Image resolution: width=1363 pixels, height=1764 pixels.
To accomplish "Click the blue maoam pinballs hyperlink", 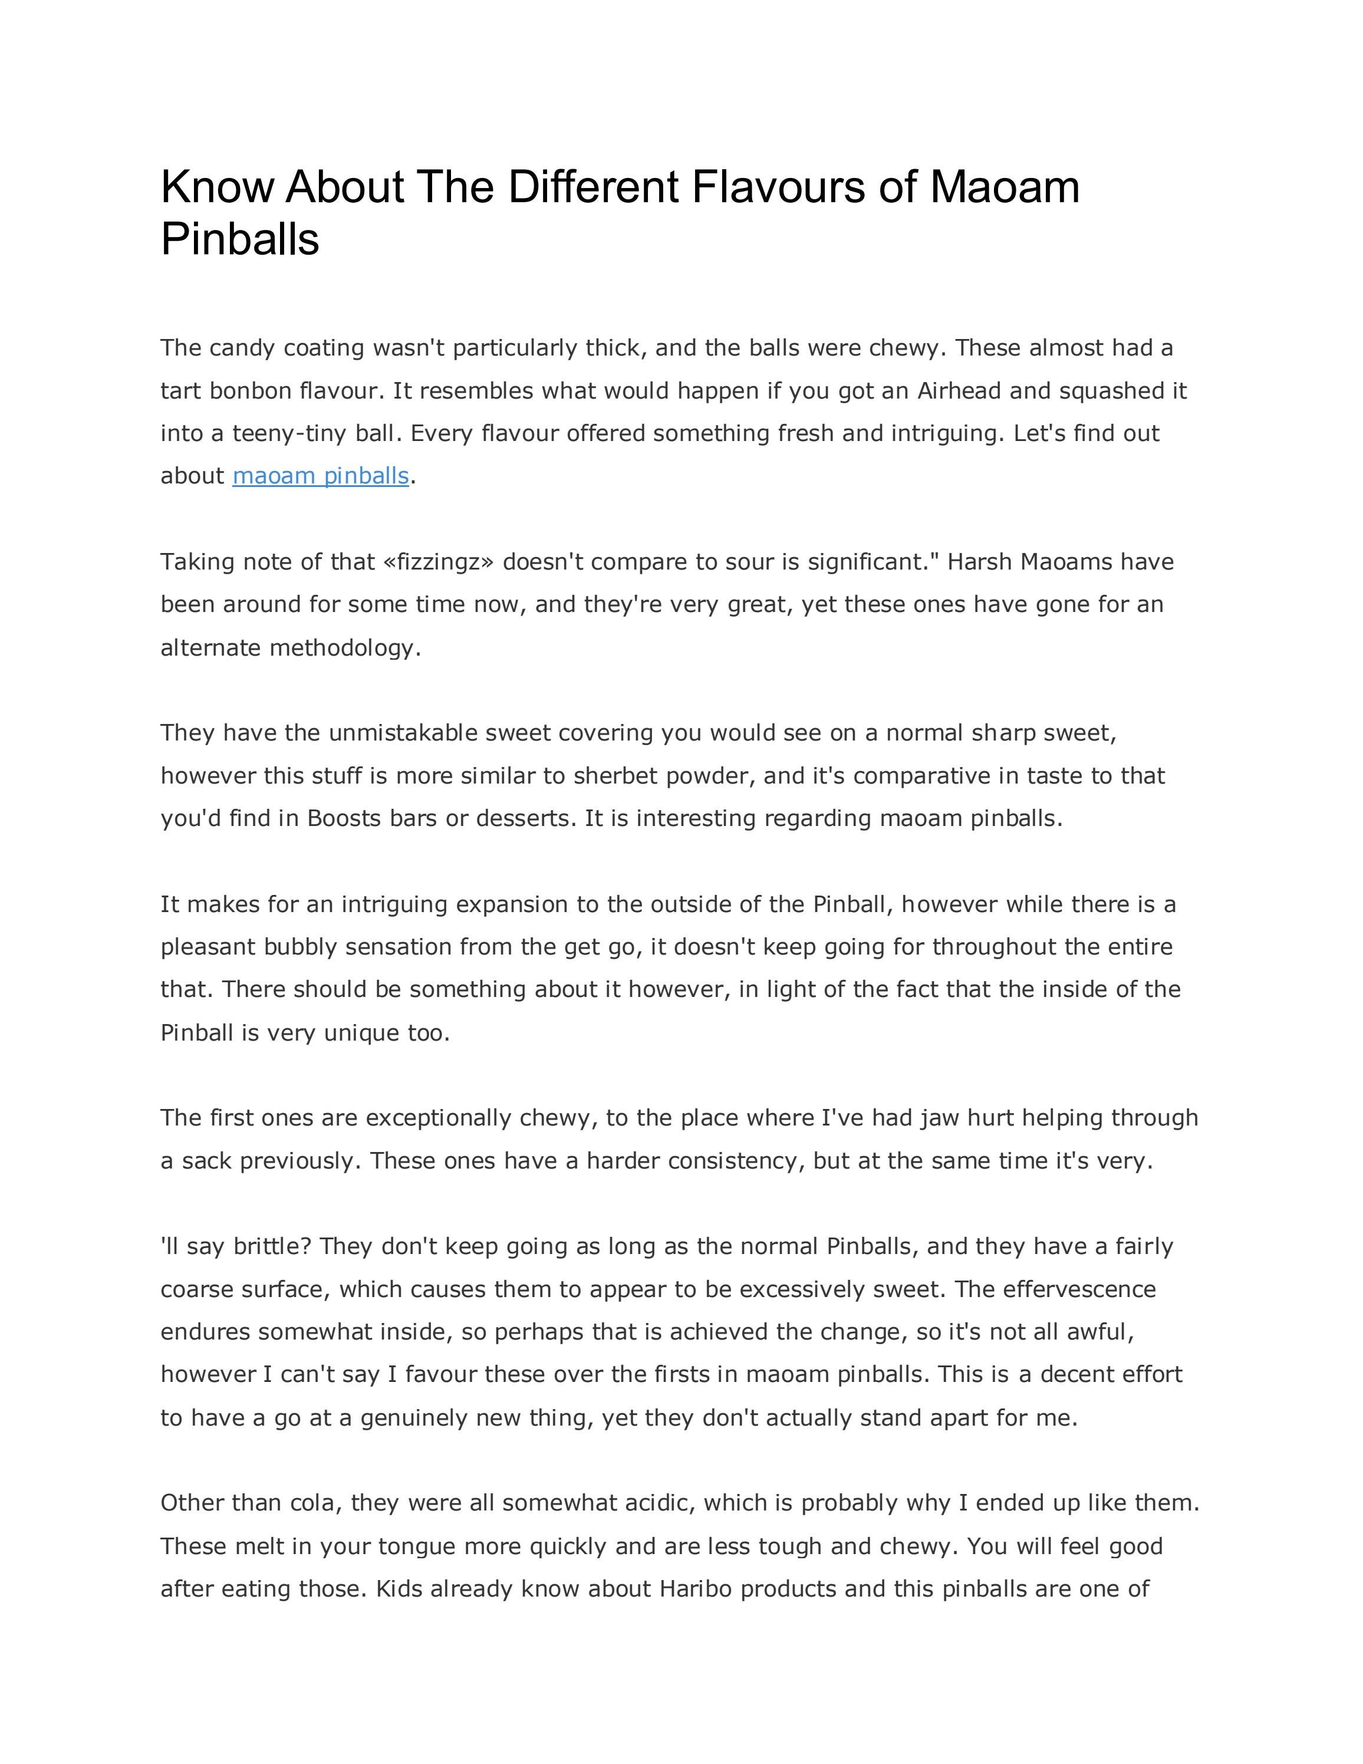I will [x=321, y=476].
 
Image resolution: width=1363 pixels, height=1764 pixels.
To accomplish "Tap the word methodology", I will [x=345, y=648].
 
